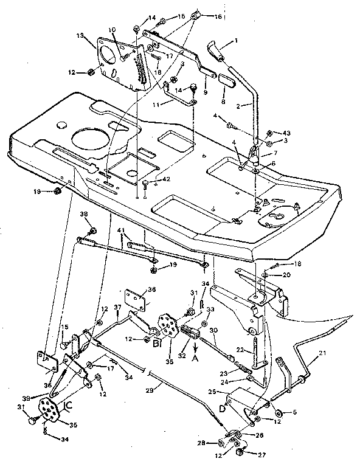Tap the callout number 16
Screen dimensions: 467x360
click(x=218, y=17)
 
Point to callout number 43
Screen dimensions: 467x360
click(x=286, y=133)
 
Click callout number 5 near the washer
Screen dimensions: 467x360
click(x=295, y=412)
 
